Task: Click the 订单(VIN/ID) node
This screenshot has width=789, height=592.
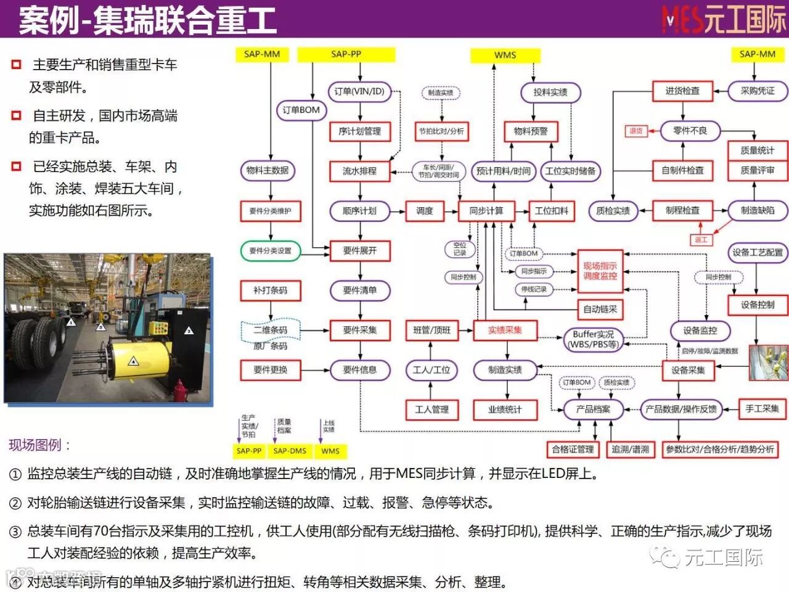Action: coord(359,91)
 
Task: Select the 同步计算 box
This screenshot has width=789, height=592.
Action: coord(486,211)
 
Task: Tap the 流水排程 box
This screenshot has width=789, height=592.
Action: coord(359,171)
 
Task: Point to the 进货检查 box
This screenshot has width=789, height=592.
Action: coord(682,91)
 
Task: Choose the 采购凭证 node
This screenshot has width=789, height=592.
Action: coord(758,91)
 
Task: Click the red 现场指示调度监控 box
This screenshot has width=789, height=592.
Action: coord(600,271)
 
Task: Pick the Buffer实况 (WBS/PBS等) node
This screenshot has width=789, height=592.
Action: coord(593,339)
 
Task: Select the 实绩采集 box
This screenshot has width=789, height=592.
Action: coord(505,331)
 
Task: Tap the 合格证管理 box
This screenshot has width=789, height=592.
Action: coord(573,450)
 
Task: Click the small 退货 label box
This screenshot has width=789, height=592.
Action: coord(636,131)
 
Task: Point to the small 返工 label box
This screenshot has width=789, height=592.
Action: coord(701,240)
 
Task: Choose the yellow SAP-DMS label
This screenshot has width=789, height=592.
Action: coord(290,451)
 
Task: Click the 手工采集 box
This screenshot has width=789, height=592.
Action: coord(762,409)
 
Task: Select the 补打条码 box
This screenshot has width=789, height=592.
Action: coord(270,290)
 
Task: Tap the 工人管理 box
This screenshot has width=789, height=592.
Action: coord(431,409)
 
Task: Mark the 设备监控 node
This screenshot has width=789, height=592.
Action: coord(700,331)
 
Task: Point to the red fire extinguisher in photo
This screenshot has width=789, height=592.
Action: coord(179,390)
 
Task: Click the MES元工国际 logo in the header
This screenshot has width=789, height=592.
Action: coord(724,19)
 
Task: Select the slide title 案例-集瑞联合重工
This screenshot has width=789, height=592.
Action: coord(148,20)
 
